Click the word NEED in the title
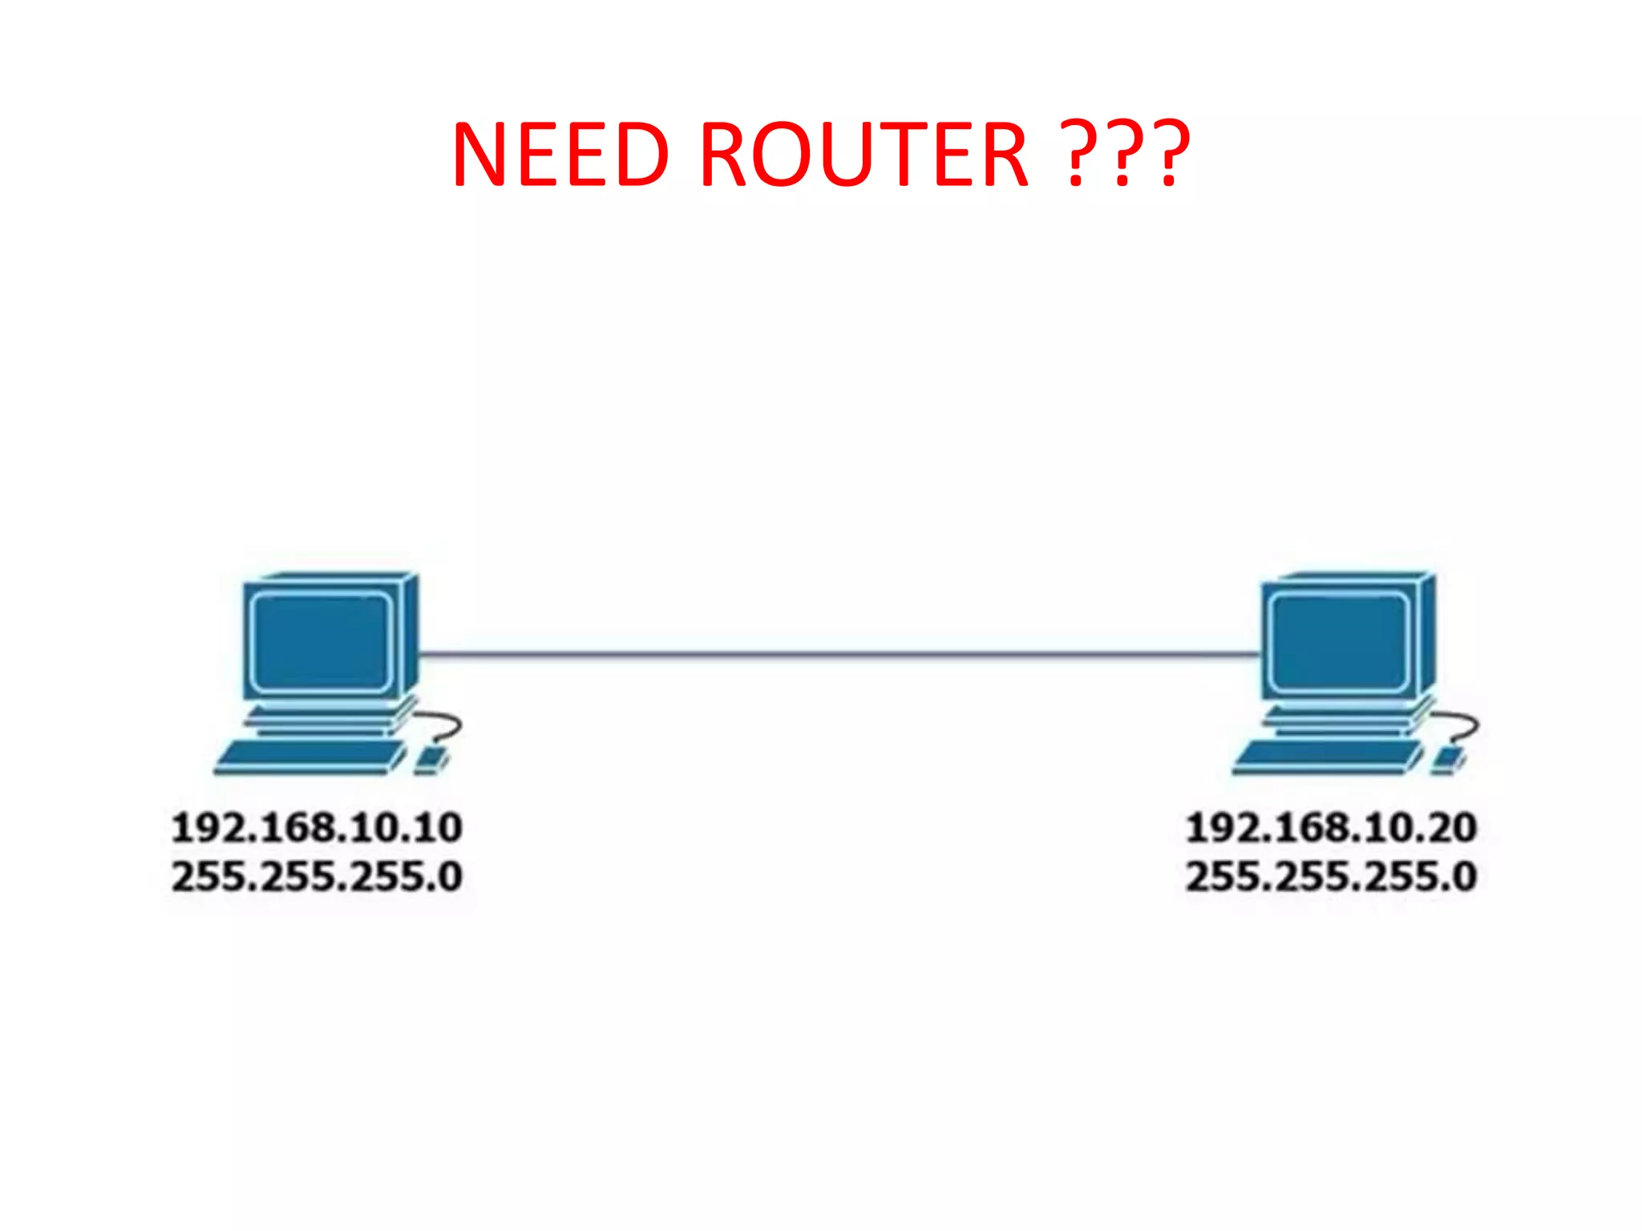[x=560, y=154]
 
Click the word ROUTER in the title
[x=863, y=154]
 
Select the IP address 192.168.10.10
[x=317, y=828]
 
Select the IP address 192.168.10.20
[x=1331, y=828]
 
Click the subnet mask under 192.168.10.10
[x=317, y=876]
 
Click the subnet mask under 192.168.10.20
[x=1331, y=876]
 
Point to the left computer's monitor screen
[x=321, y=641]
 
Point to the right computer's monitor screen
[x=1337, y=641]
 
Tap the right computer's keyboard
[x=1328, y=756]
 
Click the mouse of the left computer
[x=431, y=758]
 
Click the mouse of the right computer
[x=1448, y=758]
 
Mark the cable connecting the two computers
[x=838, y=655]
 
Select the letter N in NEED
[x=482, y=154]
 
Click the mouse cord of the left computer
[x=451, y=725]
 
